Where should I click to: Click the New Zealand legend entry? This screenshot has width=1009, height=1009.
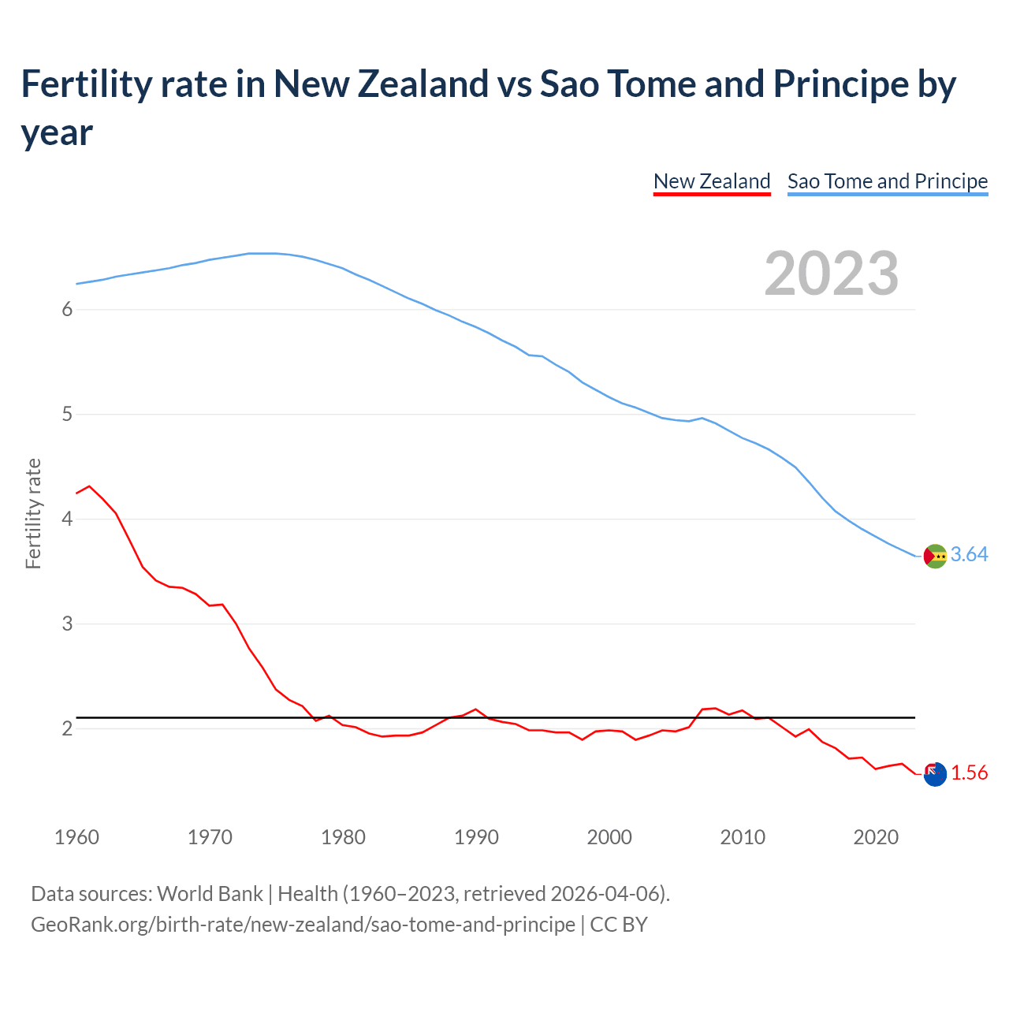coord(712,181)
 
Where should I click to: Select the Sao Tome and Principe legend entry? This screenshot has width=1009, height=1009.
coord(888,181)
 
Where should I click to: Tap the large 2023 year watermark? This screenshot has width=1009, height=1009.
coord(832,273)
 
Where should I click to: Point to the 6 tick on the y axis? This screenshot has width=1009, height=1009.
coord(67,309)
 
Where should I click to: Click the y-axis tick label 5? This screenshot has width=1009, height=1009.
coord(67,414)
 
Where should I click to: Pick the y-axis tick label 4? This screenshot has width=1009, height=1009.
coord(67,519)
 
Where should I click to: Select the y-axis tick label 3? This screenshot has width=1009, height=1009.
coord(67,624)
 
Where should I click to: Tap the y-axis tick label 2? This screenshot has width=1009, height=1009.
coord(67,728)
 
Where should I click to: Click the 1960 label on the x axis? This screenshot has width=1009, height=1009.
coord(76,837)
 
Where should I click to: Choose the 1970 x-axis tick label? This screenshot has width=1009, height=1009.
coord(210,837)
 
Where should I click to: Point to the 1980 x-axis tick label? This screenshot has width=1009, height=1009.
coord(343,837)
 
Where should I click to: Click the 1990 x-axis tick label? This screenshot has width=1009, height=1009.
coord(476,837)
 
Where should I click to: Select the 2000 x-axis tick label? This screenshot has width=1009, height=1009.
coord(609,837)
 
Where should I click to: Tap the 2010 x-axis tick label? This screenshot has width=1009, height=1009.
coord(743,837)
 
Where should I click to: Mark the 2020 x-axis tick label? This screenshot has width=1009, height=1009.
coord(876,837)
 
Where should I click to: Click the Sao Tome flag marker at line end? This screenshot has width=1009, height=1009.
coord(934,556)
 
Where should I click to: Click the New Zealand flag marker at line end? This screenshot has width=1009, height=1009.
coord(934,774)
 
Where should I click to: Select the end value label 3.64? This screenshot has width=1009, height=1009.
coord(969,555)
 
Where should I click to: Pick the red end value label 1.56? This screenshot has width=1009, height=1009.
coord(969,773)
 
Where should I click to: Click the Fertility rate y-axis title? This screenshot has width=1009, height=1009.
coord(33,513)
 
